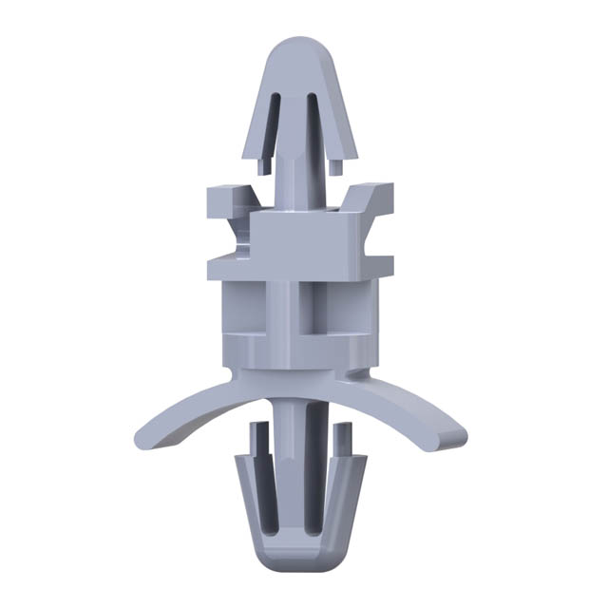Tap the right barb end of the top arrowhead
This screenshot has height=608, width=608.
(x=337, y=163)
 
